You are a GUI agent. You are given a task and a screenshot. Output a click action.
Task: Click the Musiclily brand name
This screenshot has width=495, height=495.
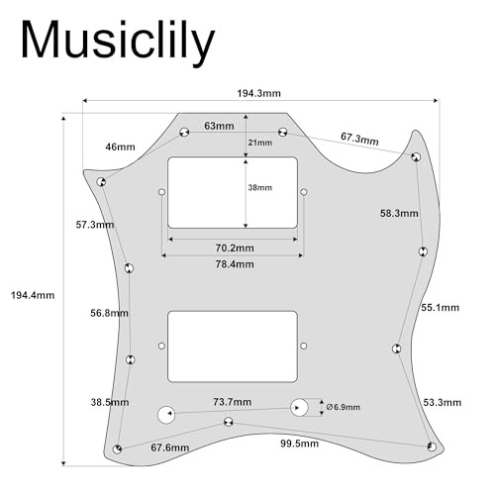coord(118,41)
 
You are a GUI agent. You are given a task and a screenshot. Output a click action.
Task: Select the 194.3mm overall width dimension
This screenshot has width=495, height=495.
coord(259,93)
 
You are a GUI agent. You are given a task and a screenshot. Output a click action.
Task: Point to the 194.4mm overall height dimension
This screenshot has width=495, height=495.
coord(33,295)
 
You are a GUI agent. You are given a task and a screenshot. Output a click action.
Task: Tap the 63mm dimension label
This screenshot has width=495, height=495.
coord(219,126)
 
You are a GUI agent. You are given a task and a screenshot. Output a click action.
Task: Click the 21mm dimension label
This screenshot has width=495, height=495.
coord(260,143)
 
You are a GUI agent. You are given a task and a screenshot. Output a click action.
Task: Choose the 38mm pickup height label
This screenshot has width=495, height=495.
coord(260,187)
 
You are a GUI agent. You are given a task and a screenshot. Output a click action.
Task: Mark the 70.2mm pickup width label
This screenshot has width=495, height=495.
coord(235,247)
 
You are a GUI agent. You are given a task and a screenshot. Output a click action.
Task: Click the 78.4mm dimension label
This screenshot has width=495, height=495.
coord(235,264)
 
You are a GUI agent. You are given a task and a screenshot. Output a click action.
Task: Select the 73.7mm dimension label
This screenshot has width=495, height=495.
coord(233,402)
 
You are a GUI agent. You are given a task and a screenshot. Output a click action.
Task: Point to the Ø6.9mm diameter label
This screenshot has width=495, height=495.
coord(344,407)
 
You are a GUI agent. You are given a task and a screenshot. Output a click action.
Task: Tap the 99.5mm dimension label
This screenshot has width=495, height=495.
coord(300,444)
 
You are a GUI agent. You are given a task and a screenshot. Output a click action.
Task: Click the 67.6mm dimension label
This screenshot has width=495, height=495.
coord(170,447)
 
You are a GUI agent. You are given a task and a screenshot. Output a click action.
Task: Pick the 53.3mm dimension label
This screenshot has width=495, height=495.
coord(443,402)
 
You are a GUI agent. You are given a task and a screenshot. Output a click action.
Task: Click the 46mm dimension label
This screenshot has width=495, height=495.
coord(120,147)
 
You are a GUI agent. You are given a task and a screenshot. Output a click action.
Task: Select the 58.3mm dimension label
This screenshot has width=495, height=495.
coord(399,213)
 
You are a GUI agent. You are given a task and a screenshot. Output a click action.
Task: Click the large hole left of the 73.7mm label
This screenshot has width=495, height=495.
coord(166,415)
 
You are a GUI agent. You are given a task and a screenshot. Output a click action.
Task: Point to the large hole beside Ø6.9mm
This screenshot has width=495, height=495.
coord(299,408)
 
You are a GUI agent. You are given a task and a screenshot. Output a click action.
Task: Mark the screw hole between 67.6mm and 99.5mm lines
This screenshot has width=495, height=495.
coord(228,422)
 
